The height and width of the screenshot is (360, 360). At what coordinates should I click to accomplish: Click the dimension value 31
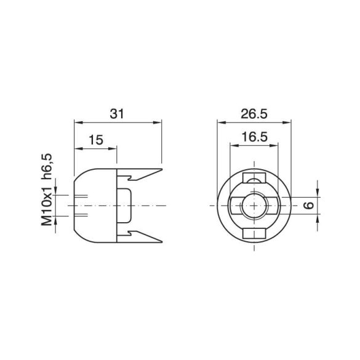pos(118,114)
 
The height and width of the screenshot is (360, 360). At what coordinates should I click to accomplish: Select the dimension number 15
pos(95,140)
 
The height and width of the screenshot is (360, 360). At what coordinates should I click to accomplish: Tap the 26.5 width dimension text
pos(254,114)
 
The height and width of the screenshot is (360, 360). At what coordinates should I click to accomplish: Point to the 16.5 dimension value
pos(254,138)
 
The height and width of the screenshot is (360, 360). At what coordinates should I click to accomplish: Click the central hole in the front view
pos(253,206)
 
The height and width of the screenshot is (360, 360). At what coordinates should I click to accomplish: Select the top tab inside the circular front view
pos(253,179)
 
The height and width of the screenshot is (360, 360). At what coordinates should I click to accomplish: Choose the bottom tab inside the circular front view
pos(253,232)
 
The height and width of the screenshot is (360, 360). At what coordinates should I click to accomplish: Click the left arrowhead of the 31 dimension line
pos(77,122)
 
